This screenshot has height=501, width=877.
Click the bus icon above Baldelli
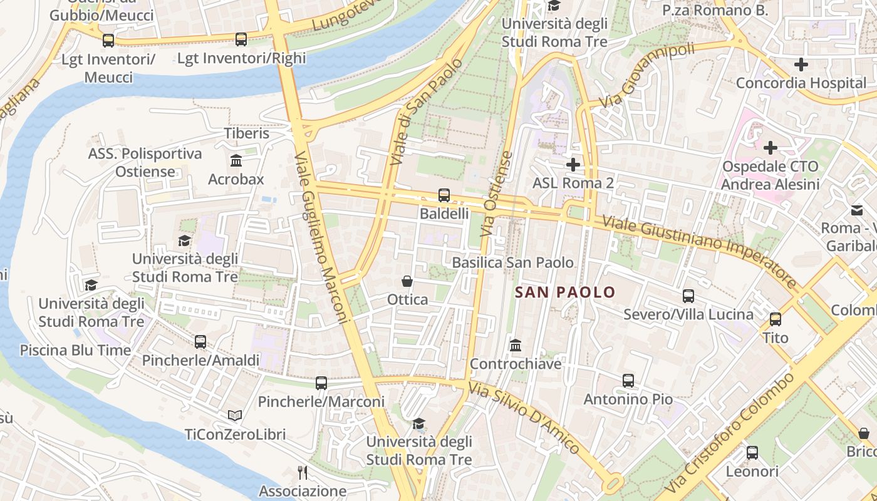(444, 195)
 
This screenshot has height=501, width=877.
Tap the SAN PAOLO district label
(565, 292)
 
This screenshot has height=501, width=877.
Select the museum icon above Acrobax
(236, 161)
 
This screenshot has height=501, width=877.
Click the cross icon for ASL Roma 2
(573, 165)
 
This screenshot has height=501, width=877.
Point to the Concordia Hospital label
(801, 83)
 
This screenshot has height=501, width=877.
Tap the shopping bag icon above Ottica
(407, 281)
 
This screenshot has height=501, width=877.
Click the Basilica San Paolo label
(512, 262)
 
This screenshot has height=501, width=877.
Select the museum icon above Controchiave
(516, 345)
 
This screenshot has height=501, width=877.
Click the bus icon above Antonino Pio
(628, 381)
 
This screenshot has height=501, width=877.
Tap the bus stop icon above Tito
(776, 319)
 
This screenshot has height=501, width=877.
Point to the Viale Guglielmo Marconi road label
(320, 238)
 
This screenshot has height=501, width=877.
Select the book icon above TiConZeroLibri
(235, 416)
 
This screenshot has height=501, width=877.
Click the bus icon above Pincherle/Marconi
(321, 383)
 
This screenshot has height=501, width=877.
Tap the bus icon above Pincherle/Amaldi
(200, 342)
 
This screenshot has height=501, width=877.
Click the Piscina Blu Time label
(75, 350)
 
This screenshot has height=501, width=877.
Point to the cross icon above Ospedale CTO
(770, 148)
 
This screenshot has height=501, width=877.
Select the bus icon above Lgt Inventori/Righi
(241, 39)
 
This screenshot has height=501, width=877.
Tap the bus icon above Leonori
(752, 452)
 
